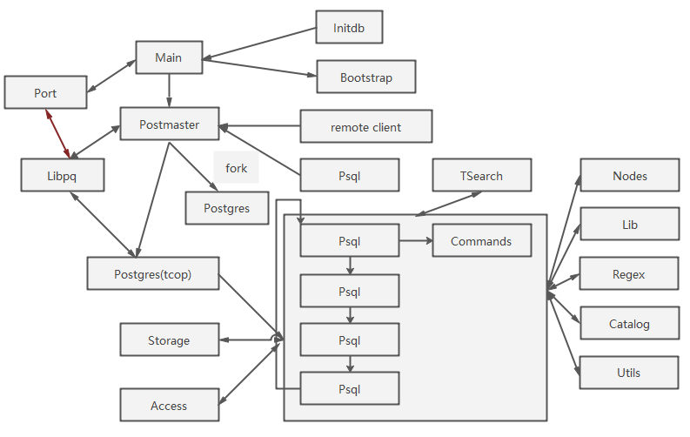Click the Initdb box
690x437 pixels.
click(x=349, y=28)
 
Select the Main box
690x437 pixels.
click(x=169, y=57)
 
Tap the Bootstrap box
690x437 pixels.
click(x=365, y=77)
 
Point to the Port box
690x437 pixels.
click(x=45, y=92)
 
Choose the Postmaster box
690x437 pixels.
click(x=169, y=124)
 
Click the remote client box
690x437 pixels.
click(x=365, y=127)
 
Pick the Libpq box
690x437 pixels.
click(x=63, y=175)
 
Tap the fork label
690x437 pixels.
click(x=236, y=168)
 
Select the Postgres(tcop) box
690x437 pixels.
click(x=152, y=273)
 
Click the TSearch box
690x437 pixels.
click(x=481, y=175)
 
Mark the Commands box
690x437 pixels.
click(x=481, y=241)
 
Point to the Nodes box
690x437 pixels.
click(x=629, y=175)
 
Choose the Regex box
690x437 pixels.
click(x=629, y=274)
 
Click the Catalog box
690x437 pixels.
click(x=629, y=324)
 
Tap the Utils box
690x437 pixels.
click(x=629, y=373)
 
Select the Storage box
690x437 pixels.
click(x=169, y=340)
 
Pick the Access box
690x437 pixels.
click(x=169, y=406)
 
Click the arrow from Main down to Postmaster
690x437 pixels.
click(x=169, y=91)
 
